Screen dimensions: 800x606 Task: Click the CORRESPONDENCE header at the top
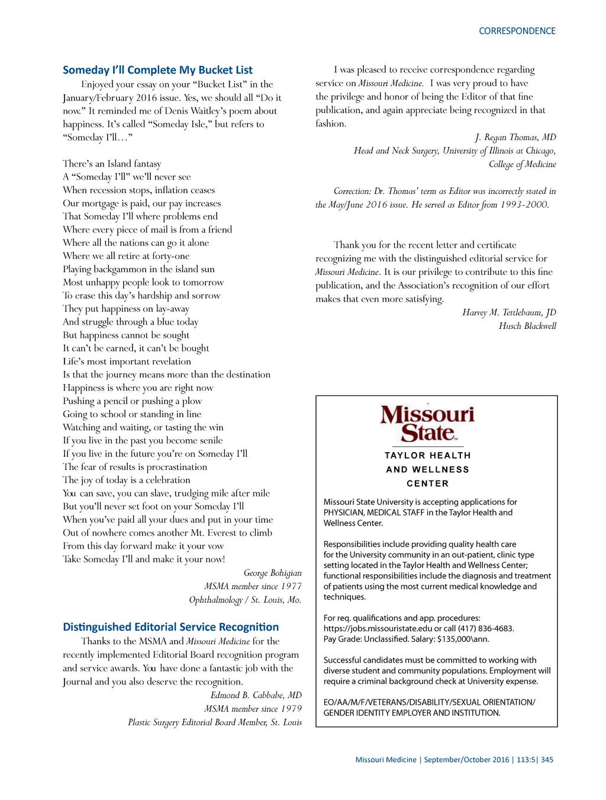click(517, 31)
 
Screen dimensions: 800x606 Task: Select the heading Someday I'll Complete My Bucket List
click(157, 70)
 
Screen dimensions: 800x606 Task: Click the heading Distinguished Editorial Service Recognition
click(170, 627)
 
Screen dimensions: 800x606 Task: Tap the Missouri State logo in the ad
click(427, 424)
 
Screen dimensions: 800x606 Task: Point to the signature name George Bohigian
click(272, 573)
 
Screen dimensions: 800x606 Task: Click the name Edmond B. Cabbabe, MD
click(256, 695)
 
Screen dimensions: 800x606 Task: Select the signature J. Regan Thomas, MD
click(515, 137)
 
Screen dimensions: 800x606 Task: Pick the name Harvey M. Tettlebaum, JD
click(509, 312)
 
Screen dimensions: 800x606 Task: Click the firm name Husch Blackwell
click(527, 326)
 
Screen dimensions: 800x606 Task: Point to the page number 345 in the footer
click(547, 760)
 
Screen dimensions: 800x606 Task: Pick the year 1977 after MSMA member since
click(291, 586)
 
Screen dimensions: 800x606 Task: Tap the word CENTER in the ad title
click(427, 484)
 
